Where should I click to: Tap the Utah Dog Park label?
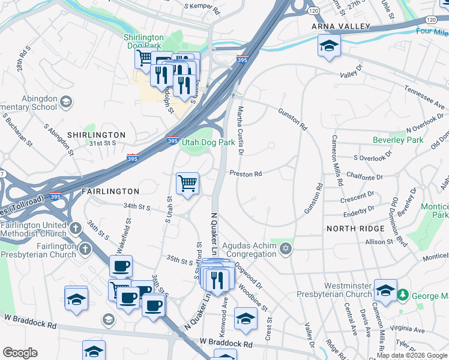point(209,143)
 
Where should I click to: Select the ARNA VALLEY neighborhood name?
point(340,28)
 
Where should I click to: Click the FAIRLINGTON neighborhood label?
point(110,191)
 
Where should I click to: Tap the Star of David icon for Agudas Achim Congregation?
point(286,249)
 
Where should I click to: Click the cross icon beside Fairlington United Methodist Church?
point(75,229)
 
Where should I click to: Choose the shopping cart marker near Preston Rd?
point(188,184)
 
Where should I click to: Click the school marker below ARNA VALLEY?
point(329,47)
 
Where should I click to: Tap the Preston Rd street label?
point(246,174)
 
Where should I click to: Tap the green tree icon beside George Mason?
point(403,295)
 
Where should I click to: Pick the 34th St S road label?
point(136,207)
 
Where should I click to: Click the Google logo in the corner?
point(20,353)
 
